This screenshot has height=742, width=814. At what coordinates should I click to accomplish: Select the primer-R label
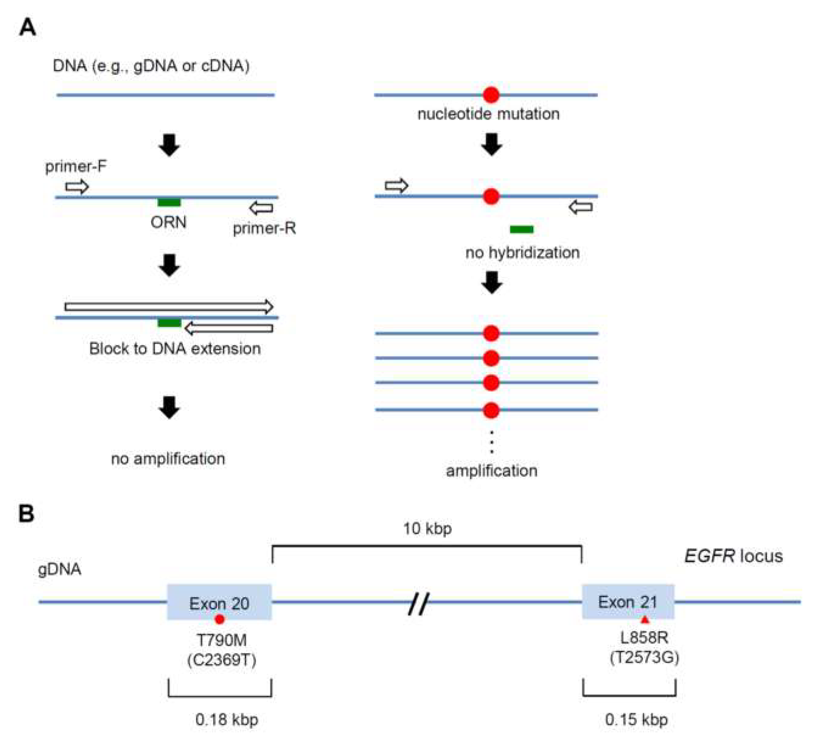click(x=264, y=228)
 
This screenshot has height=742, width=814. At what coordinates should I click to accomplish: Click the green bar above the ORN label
click(x=169, y=203)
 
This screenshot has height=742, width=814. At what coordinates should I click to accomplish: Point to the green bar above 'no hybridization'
click(x=522, y=230)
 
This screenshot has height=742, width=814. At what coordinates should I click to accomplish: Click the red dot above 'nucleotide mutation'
click(x=491, y=95)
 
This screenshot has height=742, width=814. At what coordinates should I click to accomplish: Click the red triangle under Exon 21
click(x=645, y=619)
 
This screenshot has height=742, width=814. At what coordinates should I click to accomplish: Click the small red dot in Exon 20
click(x=219, y=619)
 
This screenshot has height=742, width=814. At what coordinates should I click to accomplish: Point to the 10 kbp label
click(x=427, y=529)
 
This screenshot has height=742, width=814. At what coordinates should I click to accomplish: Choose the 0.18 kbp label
click(x=227, y=719)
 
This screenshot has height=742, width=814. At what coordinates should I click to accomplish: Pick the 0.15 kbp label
click(x=636, y=719)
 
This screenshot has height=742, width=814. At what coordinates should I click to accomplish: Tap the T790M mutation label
click(x=221, y=640)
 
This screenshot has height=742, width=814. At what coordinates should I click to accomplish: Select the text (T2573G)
click(x=644, y=658)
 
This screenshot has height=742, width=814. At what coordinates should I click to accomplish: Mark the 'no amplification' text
click(x=168, y=459)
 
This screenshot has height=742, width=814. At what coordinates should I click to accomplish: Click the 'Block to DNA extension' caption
click(x=175, y=349)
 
